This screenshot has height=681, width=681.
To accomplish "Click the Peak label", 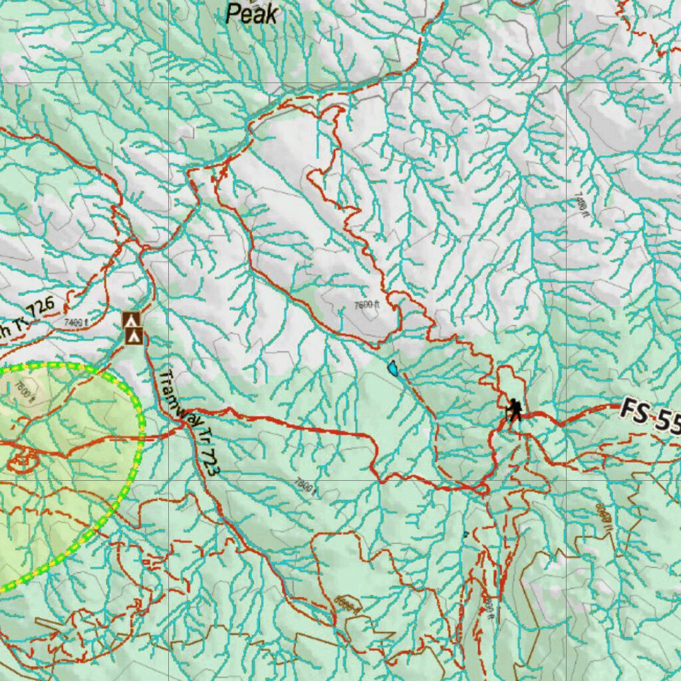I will click(x=251, y=13).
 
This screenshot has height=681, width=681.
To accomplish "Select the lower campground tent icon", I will click(x=134, y=337).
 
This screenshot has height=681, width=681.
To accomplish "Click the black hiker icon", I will click(x=513, y=410).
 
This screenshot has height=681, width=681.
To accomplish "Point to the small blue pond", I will click(x=394, y=367).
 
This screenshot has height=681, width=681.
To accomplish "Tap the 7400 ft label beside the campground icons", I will click(x=76, y=323).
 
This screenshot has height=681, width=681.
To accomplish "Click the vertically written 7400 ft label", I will click(x=579, y=200).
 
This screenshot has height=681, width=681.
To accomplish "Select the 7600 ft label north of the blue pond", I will click(x=366, y=305).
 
